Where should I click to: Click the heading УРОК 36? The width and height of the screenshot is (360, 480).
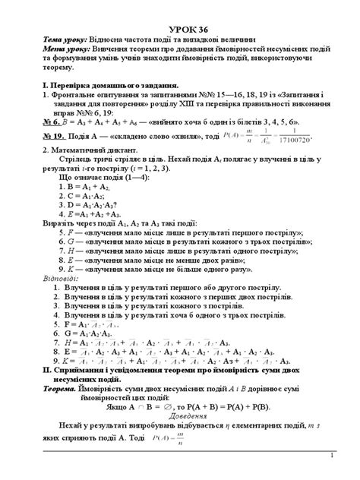pyautogui.click(x=179, y=28)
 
